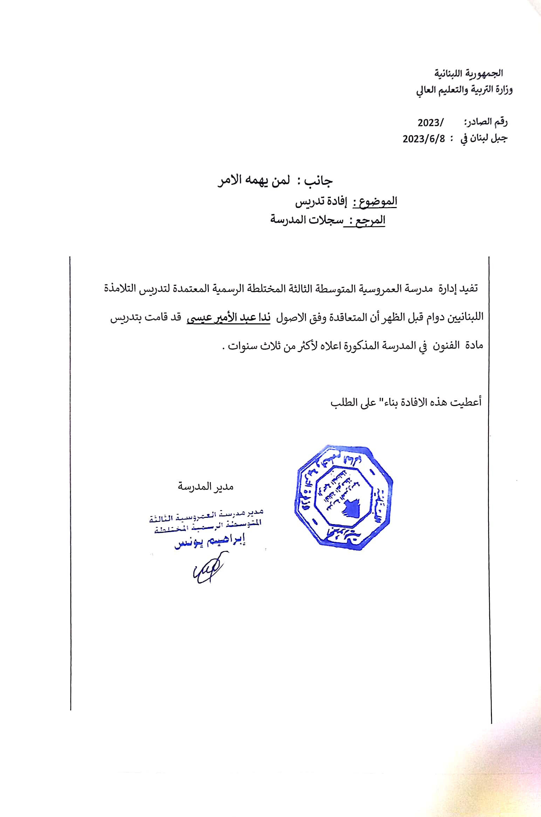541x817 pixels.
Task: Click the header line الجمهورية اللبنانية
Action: pyautogui.click(x=468, y=73)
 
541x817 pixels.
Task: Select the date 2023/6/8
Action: pyautogui.click(x=424, y=139)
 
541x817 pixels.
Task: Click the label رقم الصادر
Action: pyautogui.click(x=486, y=122)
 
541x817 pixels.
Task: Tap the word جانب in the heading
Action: pyautogui.click(x=318, y=181)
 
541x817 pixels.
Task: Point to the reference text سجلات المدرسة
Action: pyautogui.click(x=307, y=220)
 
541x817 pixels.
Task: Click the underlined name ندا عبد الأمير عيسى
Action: pyautogui.click(x=228, y=318)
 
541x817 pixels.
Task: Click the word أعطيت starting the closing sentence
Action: pyautogui.click(x=466, y=402)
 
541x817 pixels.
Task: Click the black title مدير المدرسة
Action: pyautogui.click(x=205, y=487)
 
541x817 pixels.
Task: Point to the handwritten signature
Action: pyautogui.click(x=208, y=570)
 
